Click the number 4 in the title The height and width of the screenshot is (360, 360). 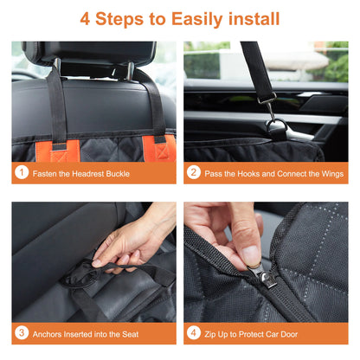coord(86,18)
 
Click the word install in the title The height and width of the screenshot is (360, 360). coord(259,18)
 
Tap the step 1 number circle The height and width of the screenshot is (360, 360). coord(22,173)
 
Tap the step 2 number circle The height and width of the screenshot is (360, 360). coord(194,173)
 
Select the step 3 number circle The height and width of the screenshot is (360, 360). coord(22,333)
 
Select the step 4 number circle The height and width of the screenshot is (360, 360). coord(194,333)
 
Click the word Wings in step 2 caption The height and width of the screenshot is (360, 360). coord(330,174)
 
